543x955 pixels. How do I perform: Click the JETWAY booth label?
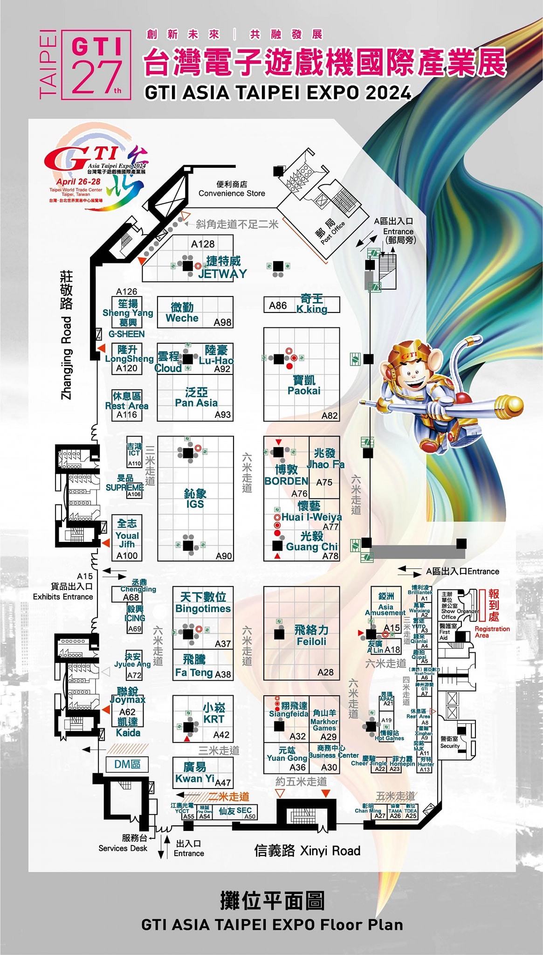tap(222, 273)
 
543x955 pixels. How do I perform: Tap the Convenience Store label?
tap(232, 193)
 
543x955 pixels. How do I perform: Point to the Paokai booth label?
tap(304, 390)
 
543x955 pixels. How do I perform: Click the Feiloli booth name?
tap(311, 641)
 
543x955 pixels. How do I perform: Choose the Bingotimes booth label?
tap(203, 608)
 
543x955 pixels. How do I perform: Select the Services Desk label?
tap(123, 848)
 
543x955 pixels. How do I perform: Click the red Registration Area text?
tap(492, 632)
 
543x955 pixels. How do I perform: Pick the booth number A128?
tap(203, 244)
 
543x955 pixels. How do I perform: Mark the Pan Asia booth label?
tap(196, 402)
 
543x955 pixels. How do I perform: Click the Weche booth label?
tap(182, 318)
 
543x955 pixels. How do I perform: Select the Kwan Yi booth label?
tap(195, 778)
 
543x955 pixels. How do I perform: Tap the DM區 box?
tap(127, 764)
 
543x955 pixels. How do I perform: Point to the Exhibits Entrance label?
tap(63, 596)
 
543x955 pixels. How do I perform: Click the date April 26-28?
tap(78, 181)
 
